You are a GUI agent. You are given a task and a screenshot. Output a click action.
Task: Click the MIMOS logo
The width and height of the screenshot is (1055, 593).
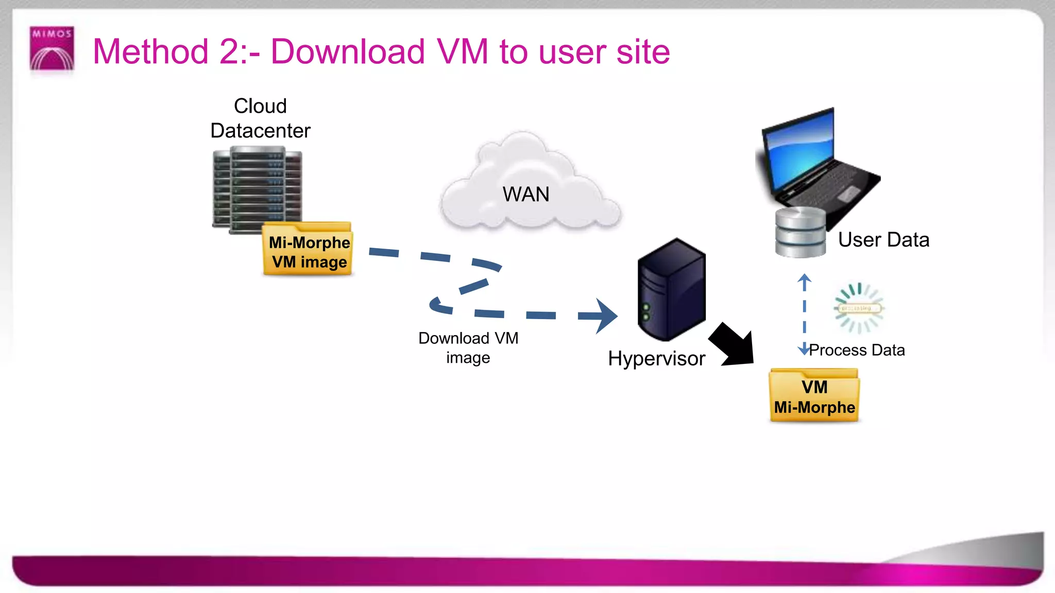tap(52, 48)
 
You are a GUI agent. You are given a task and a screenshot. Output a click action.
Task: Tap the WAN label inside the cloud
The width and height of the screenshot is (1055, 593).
tap(526, 195)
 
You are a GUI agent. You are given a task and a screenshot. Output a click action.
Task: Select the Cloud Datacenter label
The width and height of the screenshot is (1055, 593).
tap(260, 118)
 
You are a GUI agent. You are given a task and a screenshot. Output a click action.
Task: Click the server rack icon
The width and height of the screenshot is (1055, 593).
tap(257, 188)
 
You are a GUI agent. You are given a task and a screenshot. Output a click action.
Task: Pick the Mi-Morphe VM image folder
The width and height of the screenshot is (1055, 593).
tap(309, 250)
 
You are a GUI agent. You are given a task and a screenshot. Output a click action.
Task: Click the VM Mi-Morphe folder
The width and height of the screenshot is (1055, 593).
tap(814, 396)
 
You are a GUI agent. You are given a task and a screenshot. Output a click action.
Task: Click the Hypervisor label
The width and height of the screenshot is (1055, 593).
tap(656, 358)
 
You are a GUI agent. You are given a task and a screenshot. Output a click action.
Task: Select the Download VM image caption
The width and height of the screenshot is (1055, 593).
tap(468, 347)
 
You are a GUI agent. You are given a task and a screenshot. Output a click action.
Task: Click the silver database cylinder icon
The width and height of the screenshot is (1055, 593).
tap(800, 232)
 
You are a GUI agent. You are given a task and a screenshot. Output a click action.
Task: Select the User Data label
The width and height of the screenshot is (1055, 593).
tap(883, 240)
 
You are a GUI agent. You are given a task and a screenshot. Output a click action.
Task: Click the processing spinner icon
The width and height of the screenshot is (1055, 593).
tap(858, 308)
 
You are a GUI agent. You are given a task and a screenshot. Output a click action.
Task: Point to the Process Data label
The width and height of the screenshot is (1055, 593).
tap(857, 350)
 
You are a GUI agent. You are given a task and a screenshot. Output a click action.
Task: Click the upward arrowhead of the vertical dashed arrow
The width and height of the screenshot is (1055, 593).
tap(804, 280)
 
